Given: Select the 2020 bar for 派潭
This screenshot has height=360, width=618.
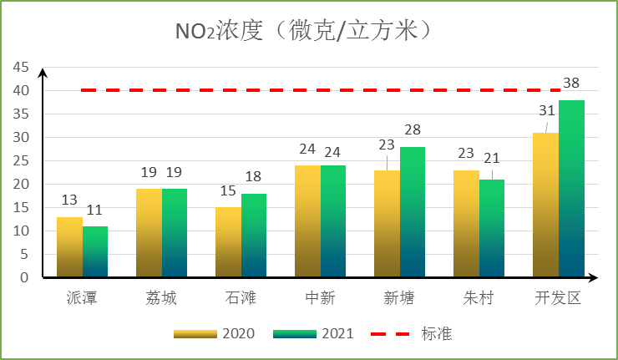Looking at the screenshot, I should [69, 247].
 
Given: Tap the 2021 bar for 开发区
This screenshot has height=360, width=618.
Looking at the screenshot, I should [571, 189].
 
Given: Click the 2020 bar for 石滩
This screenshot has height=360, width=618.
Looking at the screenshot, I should [228, 242].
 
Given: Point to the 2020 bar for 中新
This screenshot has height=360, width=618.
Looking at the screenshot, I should [307, 221].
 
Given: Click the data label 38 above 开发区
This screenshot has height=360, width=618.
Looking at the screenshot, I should [571, 84].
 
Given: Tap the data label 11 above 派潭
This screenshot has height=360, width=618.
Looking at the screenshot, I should [95, 210].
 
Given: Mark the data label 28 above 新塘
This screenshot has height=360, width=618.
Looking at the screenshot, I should [413, 130].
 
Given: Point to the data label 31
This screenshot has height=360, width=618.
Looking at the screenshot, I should [546, 110].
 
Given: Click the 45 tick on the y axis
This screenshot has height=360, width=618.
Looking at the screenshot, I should [20, 67].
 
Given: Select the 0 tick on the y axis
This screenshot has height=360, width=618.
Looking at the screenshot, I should [25, 277].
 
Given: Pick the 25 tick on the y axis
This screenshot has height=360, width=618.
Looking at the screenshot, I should [20, 160].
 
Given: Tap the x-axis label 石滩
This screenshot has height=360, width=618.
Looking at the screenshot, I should [241, 298].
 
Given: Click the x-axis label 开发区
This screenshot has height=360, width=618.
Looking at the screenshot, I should [559, 298].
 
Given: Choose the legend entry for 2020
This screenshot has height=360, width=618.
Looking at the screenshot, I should [215, 333].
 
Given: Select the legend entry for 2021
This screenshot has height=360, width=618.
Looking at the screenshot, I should [314, 333].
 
